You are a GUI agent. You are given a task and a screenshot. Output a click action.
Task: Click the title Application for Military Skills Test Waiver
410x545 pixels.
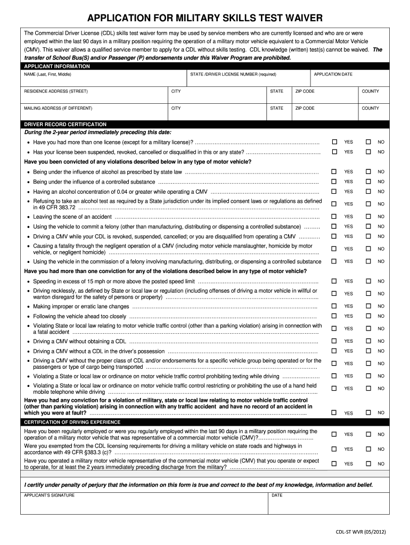click(x=205, y=19)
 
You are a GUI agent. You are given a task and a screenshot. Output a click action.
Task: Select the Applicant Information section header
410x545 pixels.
click(x=57, y=67)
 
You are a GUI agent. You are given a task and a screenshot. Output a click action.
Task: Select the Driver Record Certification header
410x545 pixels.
click(x=65, y=124)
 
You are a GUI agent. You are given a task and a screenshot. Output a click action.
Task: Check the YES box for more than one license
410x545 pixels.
click(x=334, y=142)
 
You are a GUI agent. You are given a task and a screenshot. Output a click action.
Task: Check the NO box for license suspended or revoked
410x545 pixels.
click(x=368, y=152)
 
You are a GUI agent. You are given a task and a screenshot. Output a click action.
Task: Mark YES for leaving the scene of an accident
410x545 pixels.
click(x=334, y=217)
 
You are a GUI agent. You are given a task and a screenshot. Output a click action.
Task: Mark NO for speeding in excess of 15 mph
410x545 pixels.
click(x=368, y=281)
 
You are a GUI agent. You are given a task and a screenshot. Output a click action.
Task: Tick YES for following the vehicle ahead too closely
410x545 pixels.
click(x=334, y=316)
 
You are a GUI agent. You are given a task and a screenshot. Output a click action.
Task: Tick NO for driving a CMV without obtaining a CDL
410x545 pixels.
click(x=368, y=341)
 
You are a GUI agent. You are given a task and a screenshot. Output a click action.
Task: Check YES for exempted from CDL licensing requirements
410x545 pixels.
click(x=334, y=449)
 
